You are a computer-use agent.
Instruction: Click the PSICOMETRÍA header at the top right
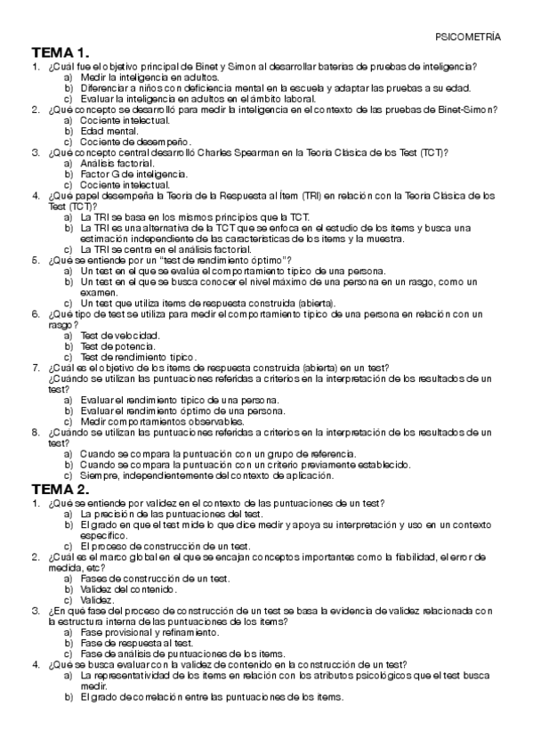click(x=468, y=37)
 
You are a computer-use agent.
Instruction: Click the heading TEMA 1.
click(x=61, y=53)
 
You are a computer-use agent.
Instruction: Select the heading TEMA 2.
click(x=61, y=490)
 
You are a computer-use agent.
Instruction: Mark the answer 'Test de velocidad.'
click(x=119, y=336)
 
